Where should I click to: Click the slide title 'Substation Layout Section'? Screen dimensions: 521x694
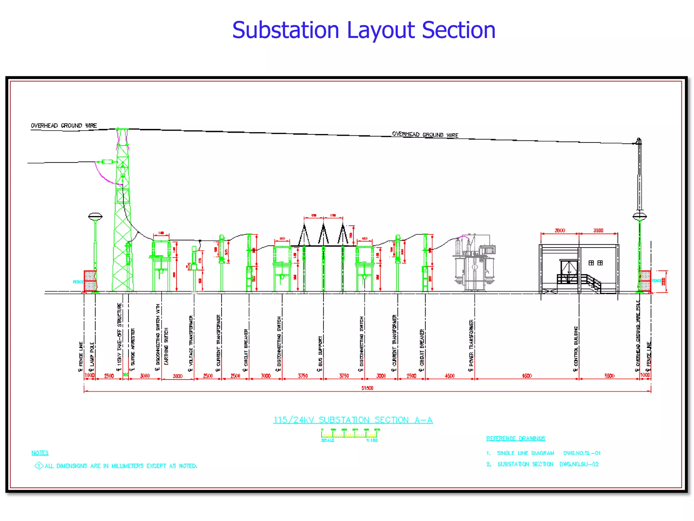364,30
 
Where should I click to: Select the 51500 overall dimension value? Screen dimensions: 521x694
367,388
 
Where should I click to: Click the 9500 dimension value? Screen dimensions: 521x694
527,376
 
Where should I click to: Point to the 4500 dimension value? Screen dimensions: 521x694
450,376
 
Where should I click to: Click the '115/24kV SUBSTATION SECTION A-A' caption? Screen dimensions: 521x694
353,420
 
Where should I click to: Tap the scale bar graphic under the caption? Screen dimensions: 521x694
350,433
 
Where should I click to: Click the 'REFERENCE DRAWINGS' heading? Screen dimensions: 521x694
516,439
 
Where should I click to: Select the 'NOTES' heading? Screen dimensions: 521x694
40,453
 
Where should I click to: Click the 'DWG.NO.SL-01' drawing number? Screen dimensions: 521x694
582,453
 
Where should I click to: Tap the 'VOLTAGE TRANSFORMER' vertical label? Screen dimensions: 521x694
191,341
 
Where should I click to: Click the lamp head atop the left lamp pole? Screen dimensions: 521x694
95,216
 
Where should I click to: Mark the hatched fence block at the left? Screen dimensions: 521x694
90,281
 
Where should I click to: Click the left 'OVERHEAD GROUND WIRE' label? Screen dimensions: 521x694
64,126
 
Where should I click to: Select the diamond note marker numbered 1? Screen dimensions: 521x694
39,466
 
